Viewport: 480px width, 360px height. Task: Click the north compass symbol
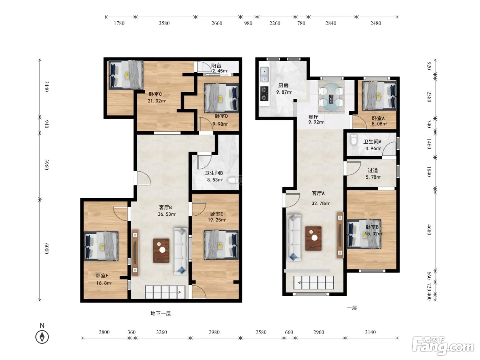click(x=42, y=337)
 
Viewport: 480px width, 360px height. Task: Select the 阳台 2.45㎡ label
click(x=219, y=68)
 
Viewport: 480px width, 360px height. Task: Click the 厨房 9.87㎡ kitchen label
click(x=284, y=89)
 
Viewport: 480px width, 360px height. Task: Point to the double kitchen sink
click(x=264, y=74)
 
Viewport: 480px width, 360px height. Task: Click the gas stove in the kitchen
click(x=264, y=94)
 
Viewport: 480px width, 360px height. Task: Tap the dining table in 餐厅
click(x=331, y=96)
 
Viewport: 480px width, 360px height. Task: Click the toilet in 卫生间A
click(x=353, y=140)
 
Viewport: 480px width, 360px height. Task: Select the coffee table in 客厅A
click(x=313, y=239)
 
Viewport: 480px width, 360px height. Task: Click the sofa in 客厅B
click(x=181, y=251)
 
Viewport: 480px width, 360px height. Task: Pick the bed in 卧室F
click(x=101, y=246)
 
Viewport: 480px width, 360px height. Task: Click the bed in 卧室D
click(x=221, y=98)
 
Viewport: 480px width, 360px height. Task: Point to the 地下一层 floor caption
click(x=161, y=313)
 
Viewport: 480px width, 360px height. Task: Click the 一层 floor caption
click(x=352, y=308)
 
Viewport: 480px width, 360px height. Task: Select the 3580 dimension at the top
click(x=164, y=23)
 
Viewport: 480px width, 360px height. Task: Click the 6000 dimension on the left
click(x=46, y=249)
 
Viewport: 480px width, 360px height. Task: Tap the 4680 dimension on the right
click(x=429, y=229)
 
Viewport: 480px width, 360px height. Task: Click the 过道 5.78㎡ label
click(x=373, y=173)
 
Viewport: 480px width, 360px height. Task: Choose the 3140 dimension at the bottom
click(x=370, y=332)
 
